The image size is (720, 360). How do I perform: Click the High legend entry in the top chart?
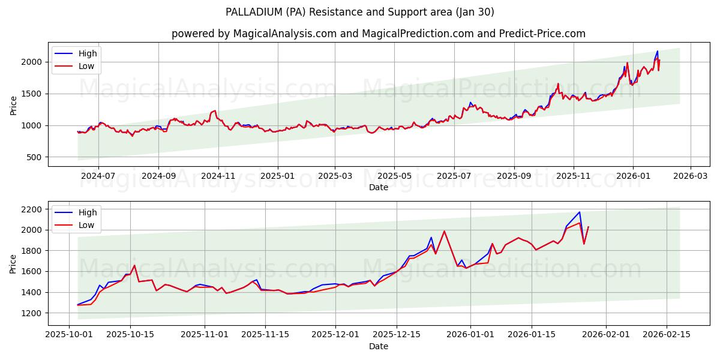[x=88, y=53]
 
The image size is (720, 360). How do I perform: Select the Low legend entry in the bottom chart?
[x=86, y=225]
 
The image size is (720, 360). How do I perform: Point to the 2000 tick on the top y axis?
[x=32, y=62]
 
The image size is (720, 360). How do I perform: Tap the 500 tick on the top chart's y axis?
[x=34, y=157]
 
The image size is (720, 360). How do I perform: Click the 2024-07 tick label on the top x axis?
[x=98, y=176]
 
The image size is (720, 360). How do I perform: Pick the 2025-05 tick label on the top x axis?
[x=394, y=176]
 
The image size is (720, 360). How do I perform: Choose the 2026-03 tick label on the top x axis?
[x=690, y=176]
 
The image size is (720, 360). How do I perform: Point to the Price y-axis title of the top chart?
[x=13, y=104]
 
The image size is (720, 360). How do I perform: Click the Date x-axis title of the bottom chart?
[x=379, y=346]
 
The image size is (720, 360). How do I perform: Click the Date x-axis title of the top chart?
[x=379, y=187]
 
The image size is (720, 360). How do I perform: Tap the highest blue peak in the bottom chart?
[x=579, y=212]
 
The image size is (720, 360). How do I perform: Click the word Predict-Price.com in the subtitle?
[x=542, y=34]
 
